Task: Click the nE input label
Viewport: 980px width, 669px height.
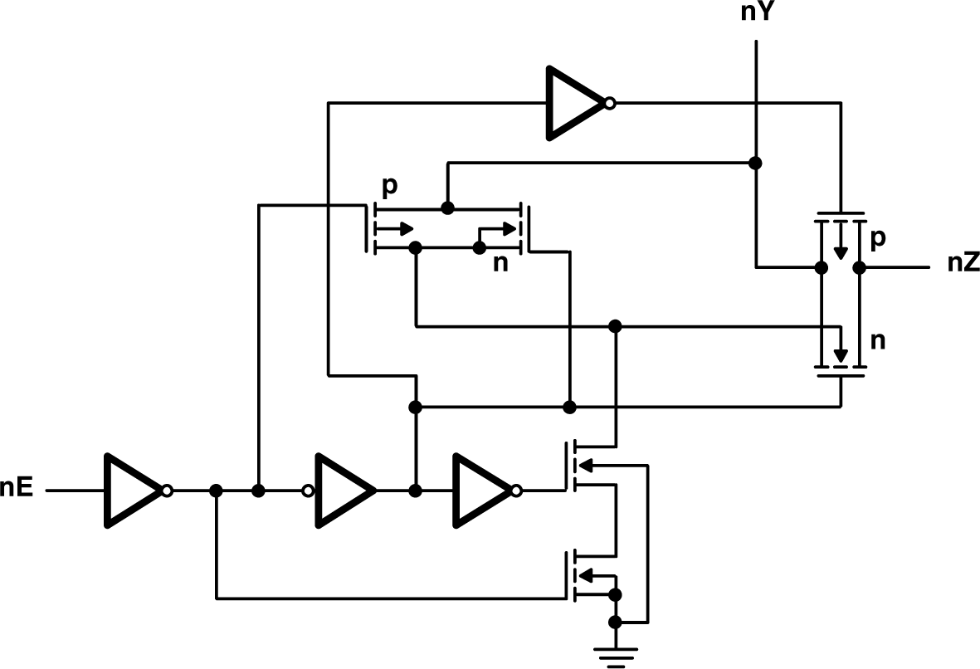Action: click(17, 489)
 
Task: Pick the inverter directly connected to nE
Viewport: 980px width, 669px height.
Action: click(133, 491)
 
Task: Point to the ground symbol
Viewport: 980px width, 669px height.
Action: click(615, 652)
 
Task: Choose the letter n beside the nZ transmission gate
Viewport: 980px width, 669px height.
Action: click(879, 340)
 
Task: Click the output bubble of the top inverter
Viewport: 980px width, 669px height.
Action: click(610, 104)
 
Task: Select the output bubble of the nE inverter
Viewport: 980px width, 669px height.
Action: click(168, 491)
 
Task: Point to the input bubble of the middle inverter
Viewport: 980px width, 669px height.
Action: click(308, 491)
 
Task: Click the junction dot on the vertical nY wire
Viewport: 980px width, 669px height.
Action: click(755, 163)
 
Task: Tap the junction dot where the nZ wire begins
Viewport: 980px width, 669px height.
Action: click(859, 267)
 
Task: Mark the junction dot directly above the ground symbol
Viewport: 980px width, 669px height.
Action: click(615, 622)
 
